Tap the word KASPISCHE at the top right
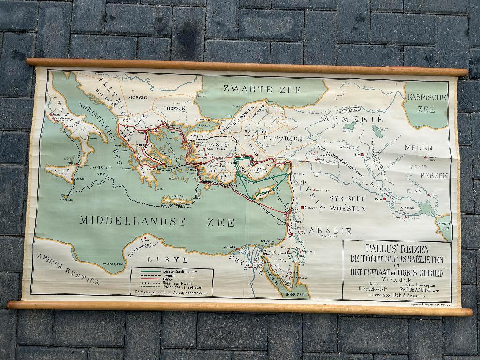[427, 98]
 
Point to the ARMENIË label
[357, 119]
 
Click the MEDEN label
[419, 148]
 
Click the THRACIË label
[174, 108]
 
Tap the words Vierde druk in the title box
[396, 280]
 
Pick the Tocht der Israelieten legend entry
[173, 287]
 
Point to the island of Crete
[177, 200]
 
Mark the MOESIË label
[137, 97]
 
